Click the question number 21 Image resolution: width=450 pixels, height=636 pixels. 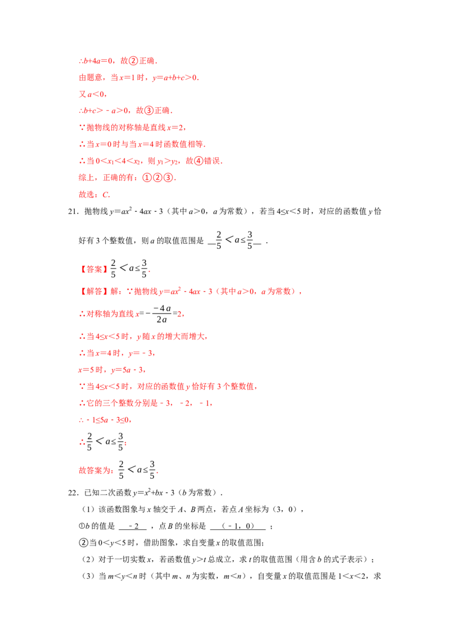click(x=73, y=211)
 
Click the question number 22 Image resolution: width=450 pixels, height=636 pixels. click(x=73, y=493)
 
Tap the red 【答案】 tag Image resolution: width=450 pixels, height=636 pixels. click(x=94, y=269)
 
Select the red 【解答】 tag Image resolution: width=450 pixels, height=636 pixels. click(x=94, y=291)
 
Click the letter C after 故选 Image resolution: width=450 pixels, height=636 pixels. click(x=106, y=195)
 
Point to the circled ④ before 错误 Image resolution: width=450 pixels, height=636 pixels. click(x=199, y=161)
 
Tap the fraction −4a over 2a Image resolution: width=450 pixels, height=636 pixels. click(x=161, y=314)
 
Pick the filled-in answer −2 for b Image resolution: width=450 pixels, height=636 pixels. click(x=133, y=526)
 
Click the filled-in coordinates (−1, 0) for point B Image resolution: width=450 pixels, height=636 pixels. click(x=238, y=526)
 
